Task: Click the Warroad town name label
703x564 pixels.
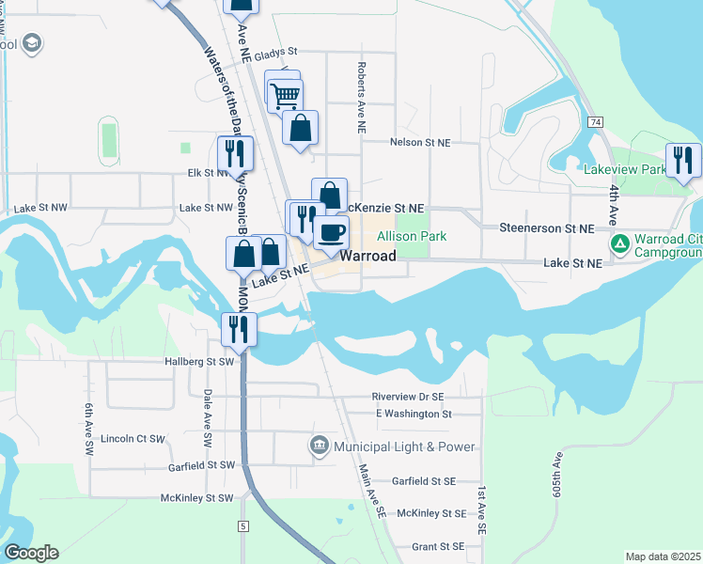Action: tap(371, 255)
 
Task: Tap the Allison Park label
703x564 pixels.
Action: tap(412, 237)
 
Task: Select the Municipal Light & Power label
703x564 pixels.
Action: tap(403, 446)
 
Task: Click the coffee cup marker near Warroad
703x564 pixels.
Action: tap(330, 231)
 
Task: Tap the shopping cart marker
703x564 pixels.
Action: tap(285, 94)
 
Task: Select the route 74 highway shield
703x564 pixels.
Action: tap(595, 123)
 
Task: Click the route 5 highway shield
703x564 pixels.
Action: tap(243, 525)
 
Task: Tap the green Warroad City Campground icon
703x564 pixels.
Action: tap(619, 244)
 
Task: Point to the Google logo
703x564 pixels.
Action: tap(31, 553)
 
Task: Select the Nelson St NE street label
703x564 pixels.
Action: tap(420, 142)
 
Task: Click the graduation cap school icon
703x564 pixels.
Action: tap(33, 44)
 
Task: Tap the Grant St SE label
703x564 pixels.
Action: tap(438, 546)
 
